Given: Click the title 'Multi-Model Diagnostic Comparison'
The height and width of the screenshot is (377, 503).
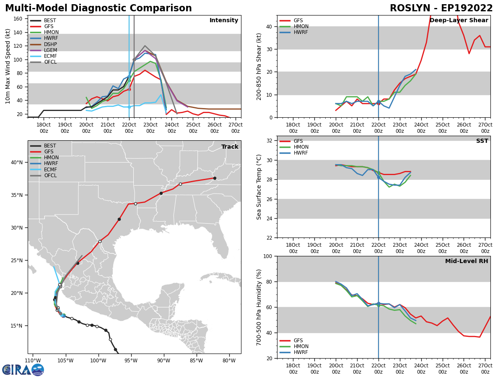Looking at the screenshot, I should [x=98, y=8].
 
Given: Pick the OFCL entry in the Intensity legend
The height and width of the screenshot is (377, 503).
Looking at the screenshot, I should [x=50, y=62].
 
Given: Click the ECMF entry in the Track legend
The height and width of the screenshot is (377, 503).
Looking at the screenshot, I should [x=50, y=170].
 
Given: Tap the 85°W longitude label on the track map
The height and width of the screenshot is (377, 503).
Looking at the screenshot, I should [x=196, y=361].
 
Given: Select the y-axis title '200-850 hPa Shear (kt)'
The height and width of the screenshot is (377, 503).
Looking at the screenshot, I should [x=259, y=66].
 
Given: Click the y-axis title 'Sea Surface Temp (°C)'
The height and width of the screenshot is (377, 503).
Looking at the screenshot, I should [x=259, y=187].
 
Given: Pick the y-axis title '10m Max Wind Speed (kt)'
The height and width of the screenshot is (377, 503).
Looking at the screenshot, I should [x=8, y=66].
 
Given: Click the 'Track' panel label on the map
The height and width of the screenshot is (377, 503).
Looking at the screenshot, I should [x=230, y=147].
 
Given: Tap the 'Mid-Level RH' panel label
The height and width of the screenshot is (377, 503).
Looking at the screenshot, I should [x=467, y=261].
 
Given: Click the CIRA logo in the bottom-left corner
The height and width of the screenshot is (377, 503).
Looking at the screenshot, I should [x=23, y=369].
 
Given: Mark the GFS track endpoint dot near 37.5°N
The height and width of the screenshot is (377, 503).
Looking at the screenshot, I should [x=215, y=178].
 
